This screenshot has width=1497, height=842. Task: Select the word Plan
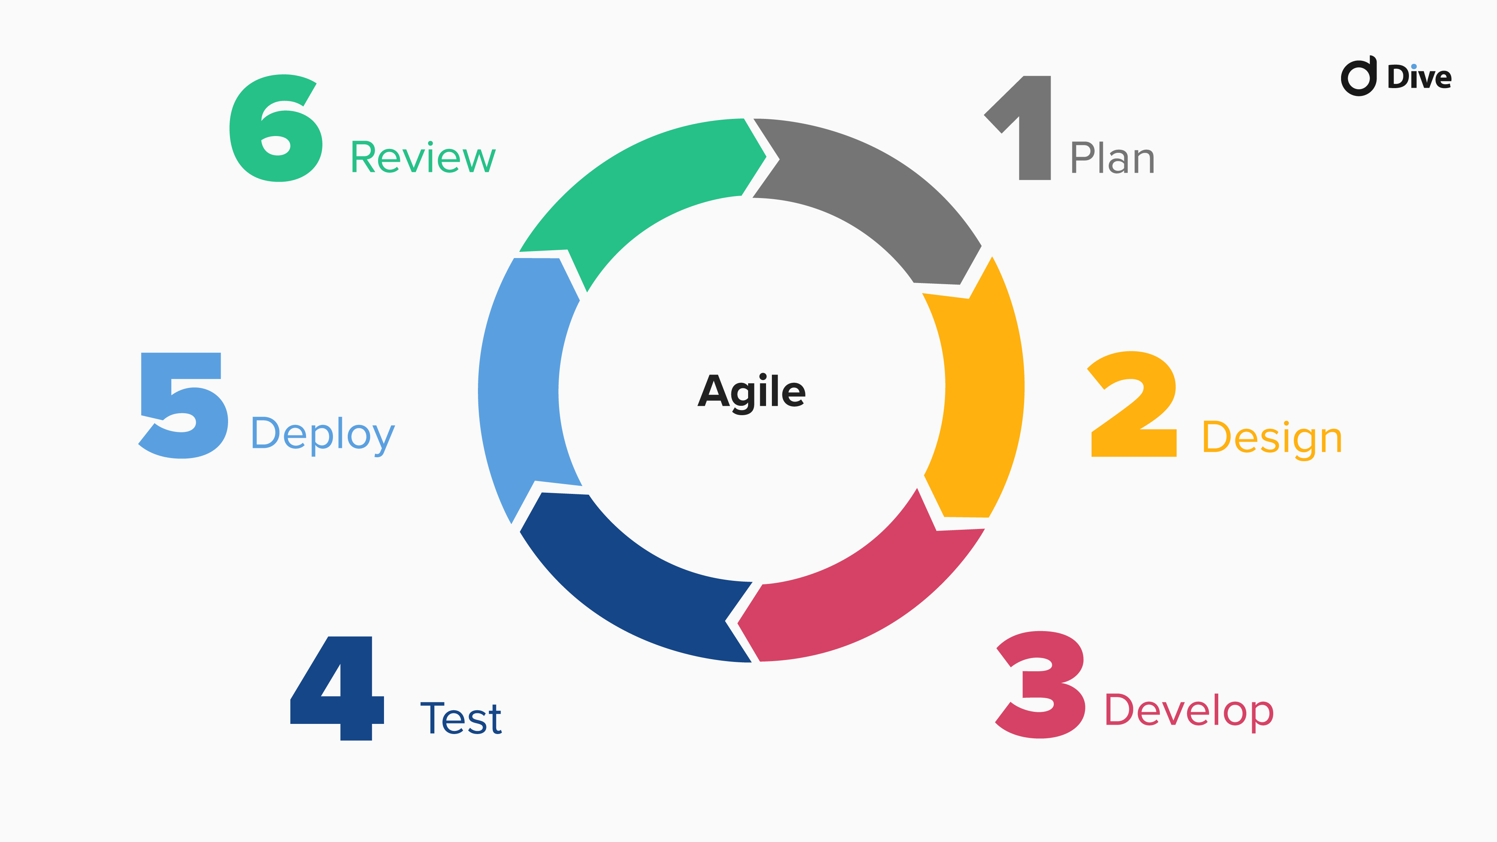point(1112,158)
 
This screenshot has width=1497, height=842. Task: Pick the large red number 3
point(1040,685)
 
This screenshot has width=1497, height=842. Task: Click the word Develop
point(1189,710)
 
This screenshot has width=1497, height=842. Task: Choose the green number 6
point(276,128)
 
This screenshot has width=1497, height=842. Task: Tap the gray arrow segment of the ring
point(872,192)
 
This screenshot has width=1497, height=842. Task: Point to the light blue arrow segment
point(520,389)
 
